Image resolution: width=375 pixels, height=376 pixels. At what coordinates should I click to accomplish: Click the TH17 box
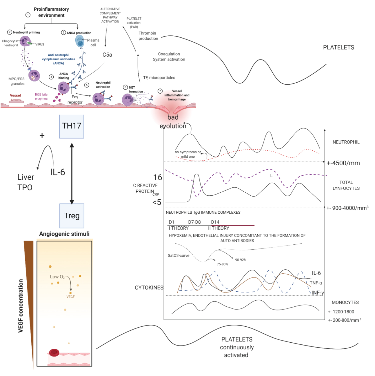(x=71, y=126)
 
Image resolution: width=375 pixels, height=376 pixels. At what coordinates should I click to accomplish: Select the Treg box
(x=72, y=216)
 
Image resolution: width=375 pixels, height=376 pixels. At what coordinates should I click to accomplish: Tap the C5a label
(x=107, y=55)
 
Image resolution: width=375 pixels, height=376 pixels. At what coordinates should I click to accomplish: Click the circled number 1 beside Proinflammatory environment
(x=28, y=15)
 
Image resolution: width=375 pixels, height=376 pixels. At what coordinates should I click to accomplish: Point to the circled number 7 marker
(x=160, y=91)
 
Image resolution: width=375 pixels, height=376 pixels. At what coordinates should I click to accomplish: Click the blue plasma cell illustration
(x=80, y=41)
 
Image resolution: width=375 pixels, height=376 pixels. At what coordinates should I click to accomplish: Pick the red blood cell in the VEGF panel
(x=54, y=353)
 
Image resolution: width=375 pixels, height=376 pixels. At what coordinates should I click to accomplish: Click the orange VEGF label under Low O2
(x=70, y=297)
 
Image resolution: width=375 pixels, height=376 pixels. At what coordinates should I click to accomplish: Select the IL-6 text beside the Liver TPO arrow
(x=57, y=172)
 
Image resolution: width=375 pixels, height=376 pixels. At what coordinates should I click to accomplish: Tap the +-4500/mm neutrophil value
(x=343, y=163)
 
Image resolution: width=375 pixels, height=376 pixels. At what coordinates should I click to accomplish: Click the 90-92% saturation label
(x=240, y=260)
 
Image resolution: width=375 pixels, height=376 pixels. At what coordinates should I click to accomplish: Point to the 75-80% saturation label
(x=222, y=264)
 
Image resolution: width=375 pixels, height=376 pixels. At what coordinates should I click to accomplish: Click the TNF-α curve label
(x=315, y=283)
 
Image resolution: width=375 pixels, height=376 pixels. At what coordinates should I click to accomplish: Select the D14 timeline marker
(x=215, y=222)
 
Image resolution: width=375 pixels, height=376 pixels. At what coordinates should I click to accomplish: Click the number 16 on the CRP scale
(x=158, y=177)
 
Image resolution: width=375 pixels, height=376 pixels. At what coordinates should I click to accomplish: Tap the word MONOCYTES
(x=345, y=302)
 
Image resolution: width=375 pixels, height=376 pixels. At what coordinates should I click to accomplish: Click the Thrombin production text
(x=148, y=36)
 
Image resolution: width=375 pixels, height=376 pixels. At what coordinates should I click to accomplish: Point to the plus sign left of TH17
(x=42, y=136)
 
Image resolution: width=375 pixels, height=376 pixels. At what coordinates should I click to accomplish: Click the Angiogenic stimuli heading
(x=64, y=234)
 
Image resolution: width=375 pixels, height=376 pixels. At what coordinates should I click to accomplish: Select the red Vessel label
(x=15, y=96)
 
